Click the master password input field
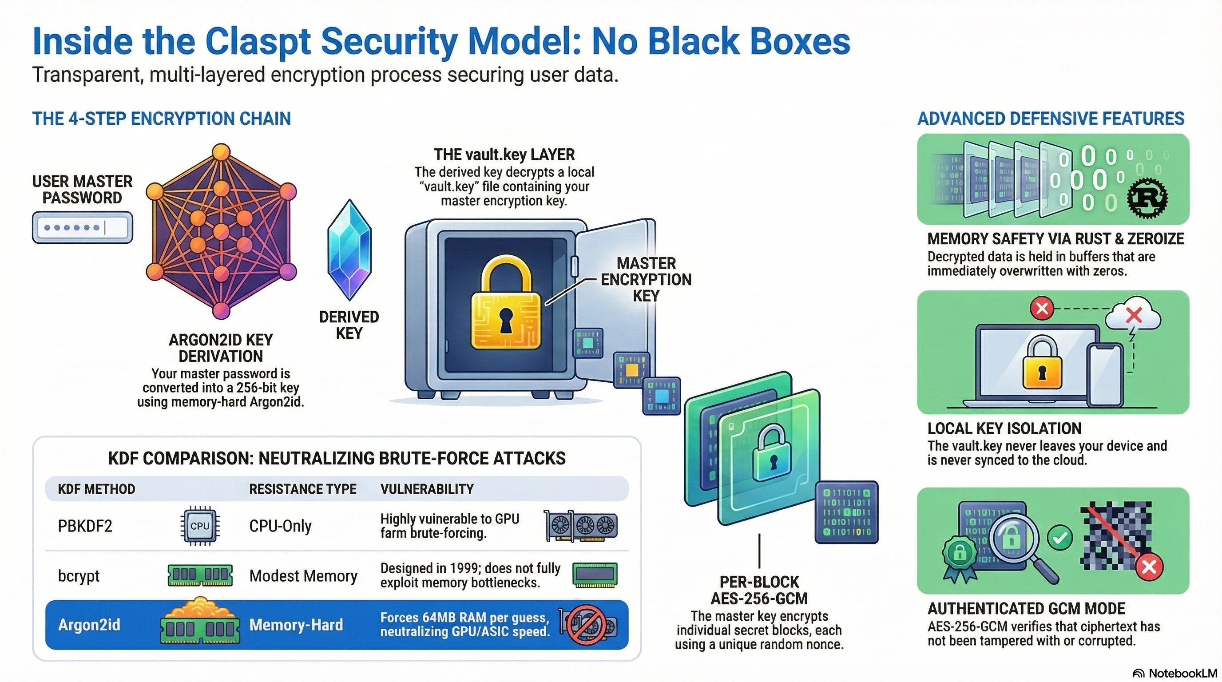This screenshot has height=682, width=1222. [83, 228]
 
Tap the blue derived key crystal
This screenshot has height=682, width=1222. [349, 250]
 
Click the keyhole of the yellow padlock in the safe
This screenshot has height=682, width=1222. [506, 319]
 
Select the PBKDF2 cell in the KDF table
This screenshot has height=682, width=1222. [85, 526]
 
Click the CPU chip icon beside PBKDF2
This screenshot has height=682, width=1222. [200, 526]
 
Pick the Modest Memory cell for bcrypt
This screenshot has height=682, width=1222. [303, 576]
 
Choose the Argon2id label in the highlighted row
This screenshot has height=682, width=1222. [89, 625]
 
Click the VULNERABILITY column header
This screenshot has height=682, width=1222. [427, 489]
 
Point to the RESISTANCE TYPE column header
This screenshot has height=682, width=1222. [303, 489]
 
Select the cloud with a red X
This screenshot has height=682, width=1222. [1133, 314]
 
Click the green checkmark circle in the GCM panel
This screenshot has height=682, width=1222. [1060, 537]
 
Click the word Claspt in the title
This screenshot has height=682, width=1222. [258, 42]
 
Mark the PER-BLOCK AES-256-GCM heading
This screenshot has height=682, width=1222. [759, 590]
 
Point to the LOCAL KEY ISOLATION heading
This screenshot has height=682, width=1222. [1004, 428]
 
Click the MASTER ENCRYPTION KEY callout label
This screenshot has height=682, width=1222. [646, 279]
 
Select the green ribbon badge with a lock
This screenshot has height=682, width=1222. [959, 555]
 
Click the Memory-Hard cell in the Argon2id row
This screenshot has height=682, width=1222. [296, 625]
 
